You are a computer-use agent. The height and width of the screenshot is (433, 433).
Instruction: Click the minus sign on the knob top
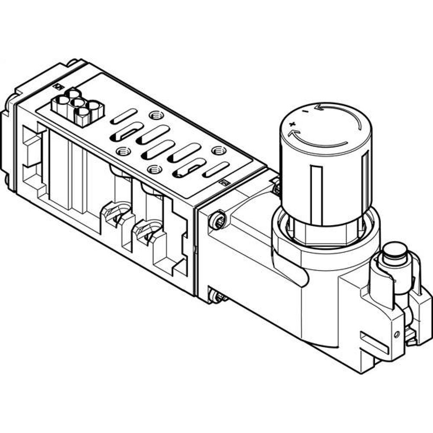tap(306, 111)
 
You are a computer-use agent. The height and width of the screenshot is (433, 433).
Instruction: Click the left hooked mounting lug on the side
tap(116, 214)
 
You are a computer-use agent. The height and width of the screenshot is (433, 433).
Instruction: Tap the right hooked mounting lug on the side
tap(150, 229)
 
